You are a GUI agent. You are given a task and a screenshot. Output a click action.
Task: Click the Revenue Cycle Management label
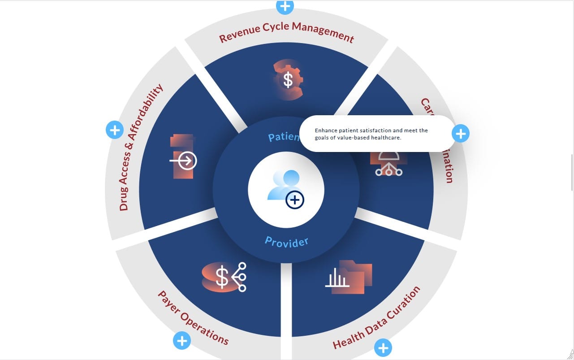pyautogui.click(x=287, y=32)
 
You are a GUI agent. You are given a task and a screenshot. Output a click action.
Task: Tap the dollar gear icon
pyautogui.click(x=288, y=80)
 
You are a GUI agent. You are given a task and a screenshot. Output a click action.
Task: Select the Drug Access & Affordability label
pyautogui.click(x=140, y=147)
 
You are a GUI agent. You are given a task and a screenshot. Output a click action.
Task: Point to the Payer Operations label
pyautogui.click(x=193, y=318)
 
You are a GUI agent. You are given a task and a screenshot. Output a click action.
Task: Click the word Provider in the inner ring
pyautogui.click(x=286, y=242)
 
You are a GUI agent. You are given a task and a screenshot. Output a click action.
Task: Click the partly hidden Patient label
pyautogui.click(x=283, y=136)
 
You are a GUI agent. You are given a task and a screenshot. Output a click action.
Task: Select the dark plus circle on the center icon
pyautogui.click(x=295, y=200)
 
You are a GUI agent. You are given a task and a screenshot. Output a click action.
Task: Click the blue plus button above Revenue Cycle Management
pyautogui.click(x=285, y=6)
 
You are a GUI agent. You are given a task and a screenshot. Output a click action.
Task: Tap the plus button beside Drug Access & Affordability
pyautogui.click(x=115, y=130)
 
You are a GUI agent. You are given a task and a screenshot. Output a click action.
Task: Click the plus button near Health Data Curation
pyautogui.click(x=383, y=347)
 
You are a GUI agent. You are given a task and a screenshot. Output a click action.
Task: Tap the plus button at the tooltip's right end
pyautogui.click(x=461, y=133)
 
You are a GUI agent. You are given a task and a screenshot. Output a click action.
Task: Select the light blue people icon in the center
pyautogui.click(x=281, y=185)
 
